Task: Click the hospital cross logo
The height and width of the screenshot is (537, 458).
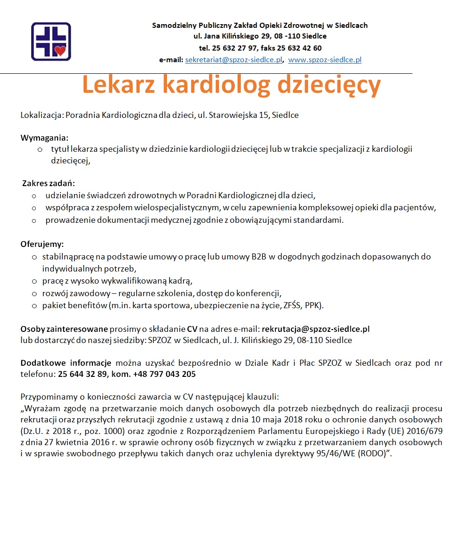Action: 51,41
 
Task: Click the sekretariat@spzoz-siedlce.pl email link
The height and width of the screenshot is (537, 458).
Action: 234,60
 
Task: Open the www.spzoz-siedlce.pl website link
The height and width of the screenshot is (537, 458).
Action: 325,60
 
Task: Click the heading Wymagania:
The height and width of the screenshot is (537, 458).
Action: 44,138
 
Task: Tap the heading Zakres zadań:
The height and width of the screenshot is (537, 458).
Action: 48,183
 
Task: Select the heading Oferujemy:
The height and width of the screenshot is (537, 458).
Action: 42,244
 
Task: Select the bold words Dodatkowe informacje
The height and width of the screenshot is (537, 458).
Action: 65,363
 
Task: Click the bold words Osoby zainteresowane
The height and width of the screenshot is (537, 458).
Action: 64,329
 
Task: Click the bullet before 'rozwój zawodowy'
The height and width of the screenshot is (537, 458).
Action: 34,293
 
